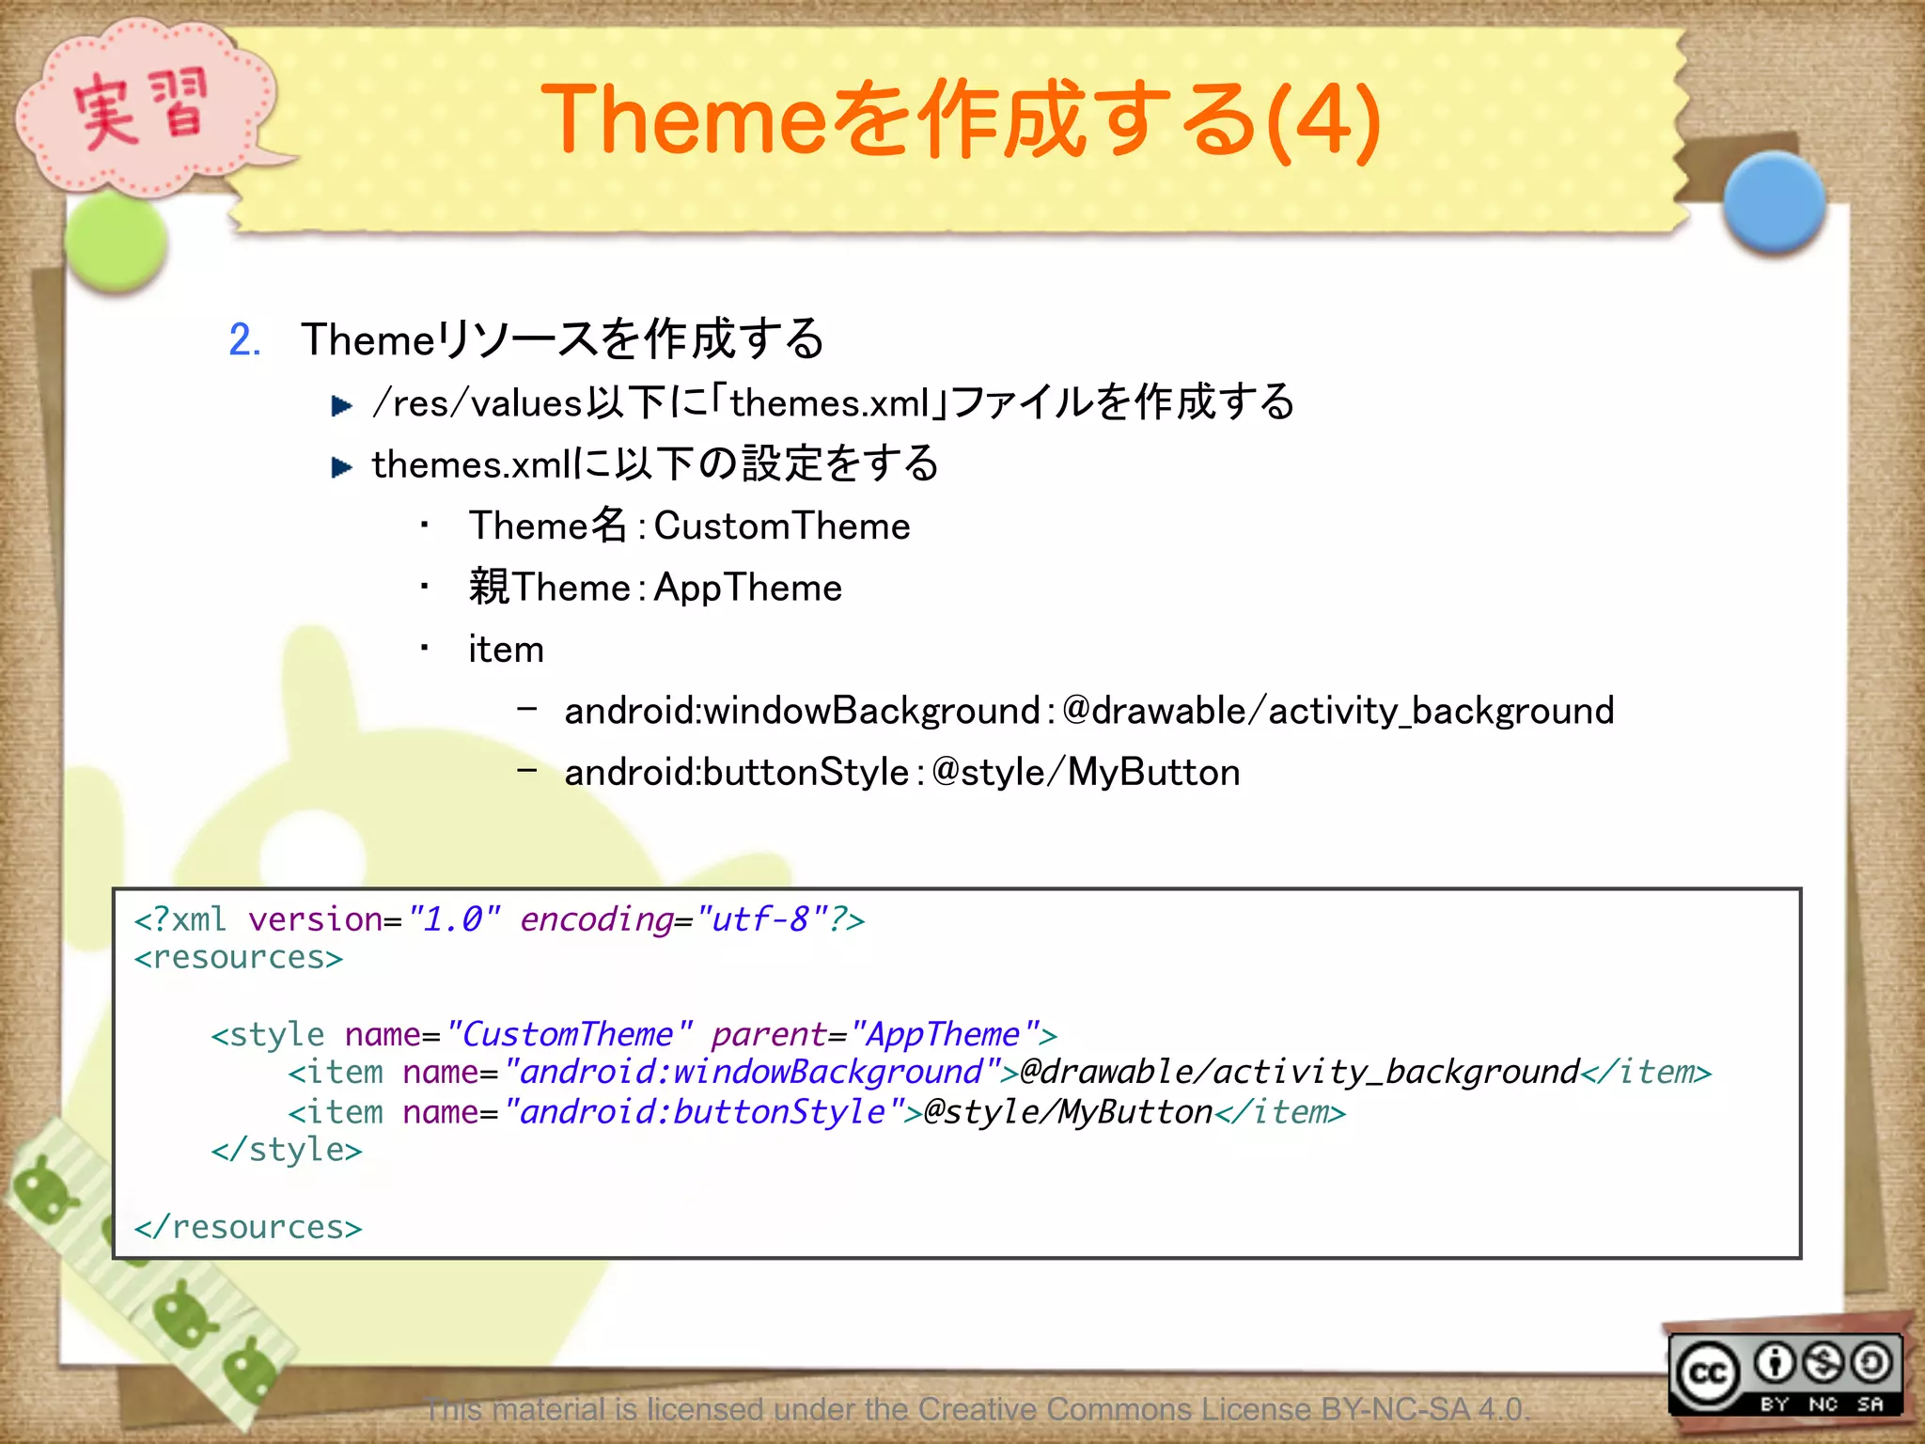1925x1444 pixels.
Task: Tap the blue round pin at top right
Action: click(1774, 201)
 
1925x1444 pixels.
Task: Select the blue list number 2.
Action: click(244, 339)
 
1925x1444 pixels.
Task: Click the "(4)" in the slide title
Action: click(1323, 119)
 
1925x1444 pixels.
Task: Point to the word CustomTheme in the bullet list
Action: click(781, 526)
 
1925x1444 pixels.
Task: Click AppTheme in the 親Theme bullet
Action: click(747, 589)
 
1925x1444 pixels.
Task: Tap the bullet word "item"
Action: click(506, 650)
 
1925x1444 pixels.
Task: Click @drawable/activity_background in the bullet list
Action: click(1338, 711)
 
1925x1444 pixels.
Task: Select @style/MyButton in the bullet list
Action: click(1086, 773)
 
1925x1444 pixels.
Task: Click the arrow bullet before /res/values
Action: click(342, 406)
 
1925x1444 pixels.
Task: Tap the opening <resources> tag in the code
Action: click(239, 958)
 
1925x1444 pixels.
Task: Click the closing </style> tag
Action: click(287, 1151)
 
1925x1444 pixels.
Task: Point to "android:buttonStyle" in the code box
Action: click(703, 1113)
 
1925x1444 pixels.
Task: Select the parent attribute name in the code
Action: click(767, 1035)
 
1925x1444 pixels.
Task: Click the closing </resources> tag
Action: click(248, 1228)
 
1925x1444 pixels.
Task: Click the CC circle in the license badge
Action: click(1707, 1374)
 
